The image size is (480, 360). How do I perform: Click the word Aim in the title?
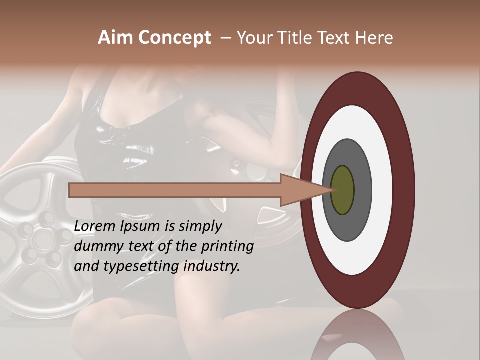click(115, 38)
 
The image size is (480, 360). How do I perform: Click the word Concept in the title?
click(174, 38)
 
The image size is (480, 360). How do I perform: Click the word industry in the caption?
click(212, 266)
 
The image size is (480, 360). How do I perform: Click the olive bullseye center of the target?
click(342, 190)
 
